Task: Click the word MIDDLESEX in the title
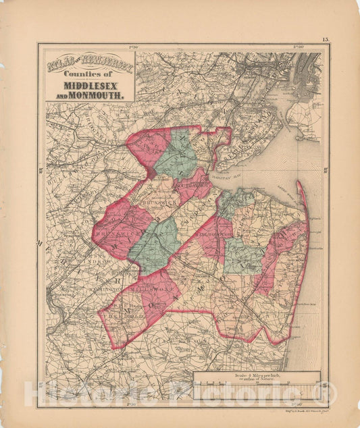[x=94, y=86]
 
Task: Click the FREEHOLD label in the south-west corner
[x=122, y=315]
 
